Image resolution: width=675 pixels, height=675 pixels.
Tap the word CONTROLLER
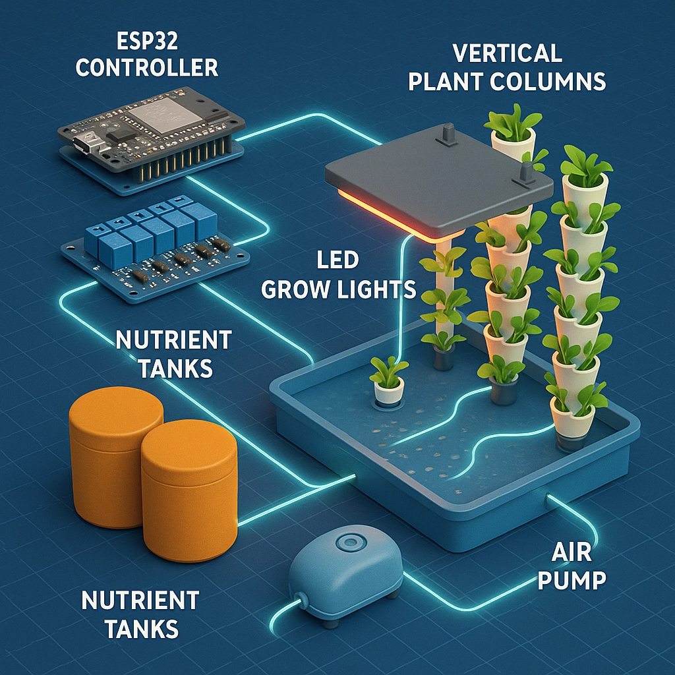(x=146, y=67)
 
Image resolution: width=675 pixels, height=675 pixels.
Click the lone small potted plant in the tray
(x=388, y=382)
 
